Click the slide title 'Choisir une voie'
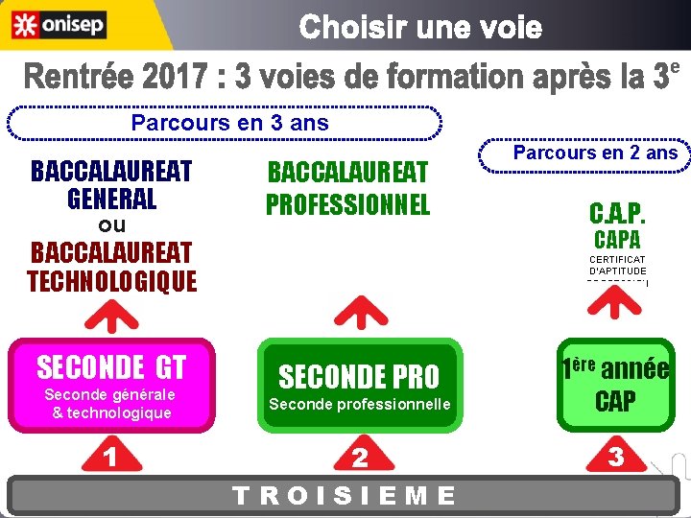click(x=420, y=28)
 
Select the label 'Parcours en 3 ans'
click(x=229, y=123)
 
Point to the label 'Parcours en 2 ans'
click(x=595, y=153)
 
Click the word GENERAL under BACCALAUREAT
click(x=111, y=200)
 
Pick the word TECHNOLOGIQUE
click(x=111, y=281)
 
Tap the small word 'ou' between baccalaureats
click(x=112, y=226)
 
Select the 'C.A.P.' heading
click(x=617, y=212)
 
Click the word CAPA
click(x=617, y=239)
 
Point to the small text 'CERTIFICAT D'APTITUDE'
click(x=617, y=266)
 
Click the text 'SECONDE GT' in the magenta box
click(x=111, y=366)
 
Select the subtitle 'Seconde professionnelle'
click(x=359, y=404)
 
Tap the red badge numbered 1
click(x=111, y=458)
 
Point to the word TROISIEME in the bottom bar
click(x=345, y=495)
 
